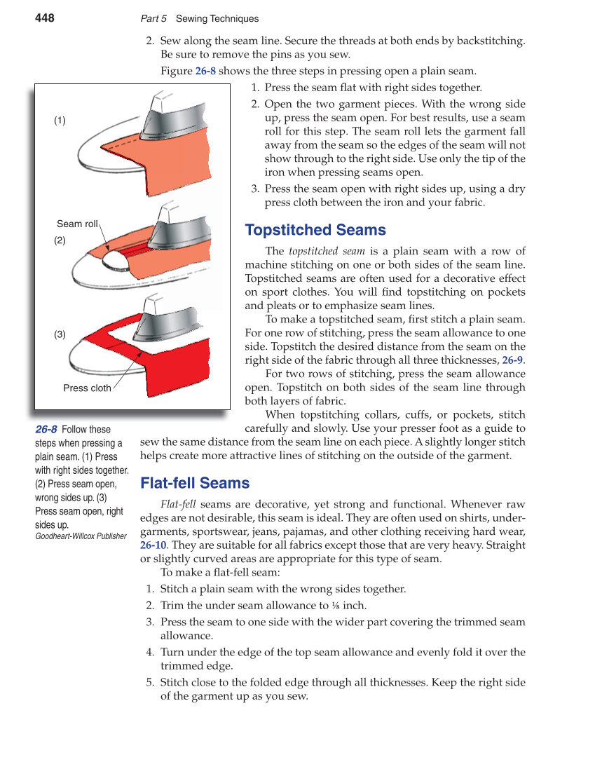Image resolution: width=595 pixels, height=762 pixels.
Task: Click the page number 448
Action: pos(45,18)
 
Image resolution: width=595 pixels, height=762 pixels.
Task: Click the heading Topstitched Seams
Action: pos(315,230)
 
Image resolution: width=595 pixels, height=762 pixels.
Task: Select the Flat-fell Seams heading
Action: pos(195,483)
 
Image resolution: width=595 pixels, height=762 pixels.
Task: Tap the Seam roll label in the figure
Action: pos(77,224)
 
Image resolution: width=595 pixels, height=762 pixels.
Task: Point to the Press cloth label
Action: pos(87,388)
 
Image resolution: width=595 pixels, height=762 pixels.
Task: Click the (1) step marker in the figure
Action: pos(60,121)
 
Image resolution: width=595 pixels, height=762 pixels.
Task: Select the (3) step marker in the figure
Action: pos(60,334)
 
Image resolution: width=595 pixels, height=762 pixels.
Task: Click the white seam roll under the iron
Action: pos(114,259)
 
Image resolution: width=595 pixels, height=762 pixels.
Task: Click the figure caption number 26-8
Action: pos(46,429)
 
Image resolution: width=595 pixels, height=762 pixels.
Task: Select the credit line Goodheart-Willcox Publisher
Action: pos(81,536)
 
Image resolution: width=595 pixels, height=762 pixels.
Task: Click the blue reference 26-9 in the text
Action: pos(512,360)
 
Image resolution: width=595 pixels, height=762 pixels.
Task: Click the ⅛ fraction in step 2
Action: pos(336,606)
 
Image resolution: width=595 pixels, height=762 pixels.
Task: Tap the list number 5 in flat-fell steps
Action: pos(150,682)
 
